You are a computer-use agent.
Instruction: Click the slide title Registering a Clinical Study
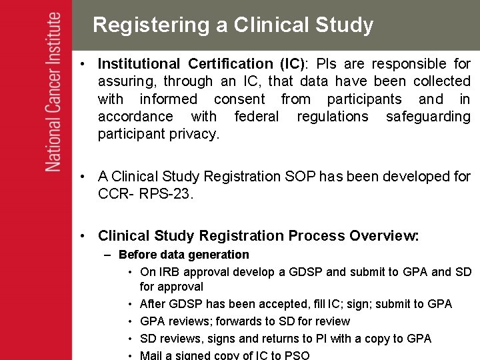(233, 25)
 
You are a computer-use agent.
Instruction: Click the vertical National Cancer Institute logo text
(54, 92)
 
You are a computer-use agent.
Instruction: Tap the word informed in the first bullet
(168, 99)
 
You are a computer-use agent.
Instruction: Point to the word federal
(257, 117)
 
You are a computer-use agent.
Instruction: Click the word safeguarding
(428, 117)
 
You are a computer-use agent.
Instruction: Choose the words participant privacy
(158, 134)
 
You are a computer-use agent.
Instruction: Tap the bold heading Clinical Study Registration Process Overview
(258, 236)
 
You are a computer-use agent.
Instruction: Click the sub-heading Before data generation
(183, 255)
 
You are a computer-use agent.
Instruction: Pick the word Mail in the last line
(152, 355)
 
